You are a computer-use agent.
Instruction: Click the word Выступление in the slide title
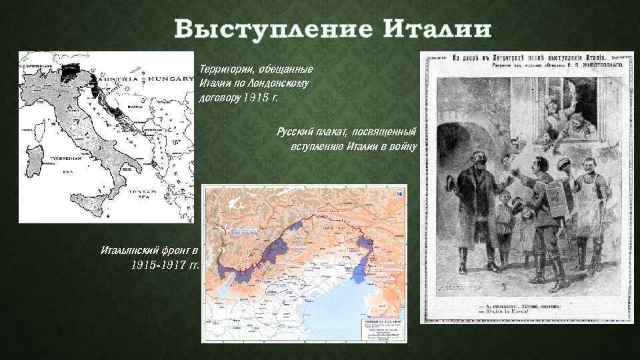(273, 30)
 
